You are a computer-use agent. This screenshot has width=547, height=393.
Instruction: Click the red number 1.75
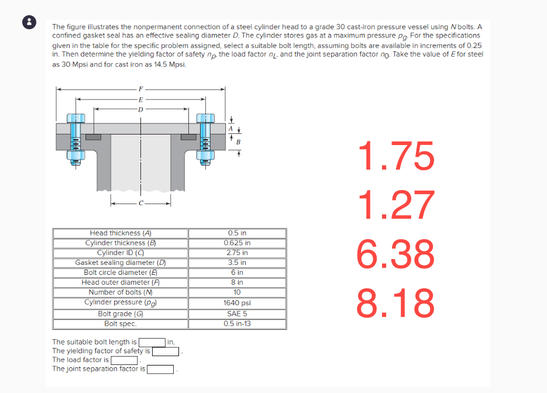[x=397, y=157]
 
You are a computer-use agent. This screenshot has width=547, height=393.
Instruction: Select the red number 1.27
[x=397, y=205]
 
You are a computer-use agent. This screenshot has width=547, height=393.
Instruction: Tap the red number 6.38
[x=397, y=254]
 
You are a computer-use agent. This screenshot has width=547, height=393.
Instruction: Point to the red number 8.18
[x=397, y=302]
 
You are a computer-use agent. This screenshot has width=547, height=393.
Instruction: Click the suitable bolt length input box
[x=152, y=342]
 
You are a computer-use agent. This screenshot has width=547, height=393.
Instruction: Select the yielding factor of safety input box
[x=166, y=351]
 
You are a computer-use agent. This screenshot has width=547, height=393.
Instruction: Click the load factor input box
[x=123, y=360]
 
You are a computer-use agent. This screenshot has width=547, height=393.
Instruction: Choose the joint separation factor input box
[x=160, y=369]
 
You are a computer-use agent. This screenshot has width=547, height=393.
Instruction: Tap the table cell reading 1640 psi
[x=238, y=303]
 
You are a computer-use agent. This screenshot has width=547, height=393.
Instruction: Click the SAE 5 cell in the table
[x=238, y=313]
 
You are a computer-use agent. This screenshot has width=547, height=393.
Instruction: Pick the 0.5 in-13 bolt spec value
[x=238, y=323]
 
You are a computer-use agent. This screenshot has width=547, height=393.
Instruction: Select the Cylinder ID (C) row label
[x=121, y=253]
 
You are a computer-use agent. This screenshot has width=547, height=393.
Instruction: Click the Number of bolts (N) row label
[x=121, y=292]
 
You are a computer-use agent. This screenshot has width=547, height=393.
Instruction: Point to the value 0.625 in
[x=238, y=243]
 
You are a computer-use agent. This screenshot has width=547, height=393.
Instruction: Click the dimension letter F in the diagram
[x=140, y=89]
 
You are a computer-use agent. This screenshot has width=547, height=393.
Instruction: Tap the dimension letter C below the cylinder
[x=140, y=204]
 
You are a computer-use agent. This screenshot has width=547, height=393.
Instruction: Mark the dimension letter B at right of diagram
[x=238, y=141]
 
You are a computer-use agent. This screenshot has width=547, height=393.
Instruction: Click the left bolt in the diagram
[x=74, y=139]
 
